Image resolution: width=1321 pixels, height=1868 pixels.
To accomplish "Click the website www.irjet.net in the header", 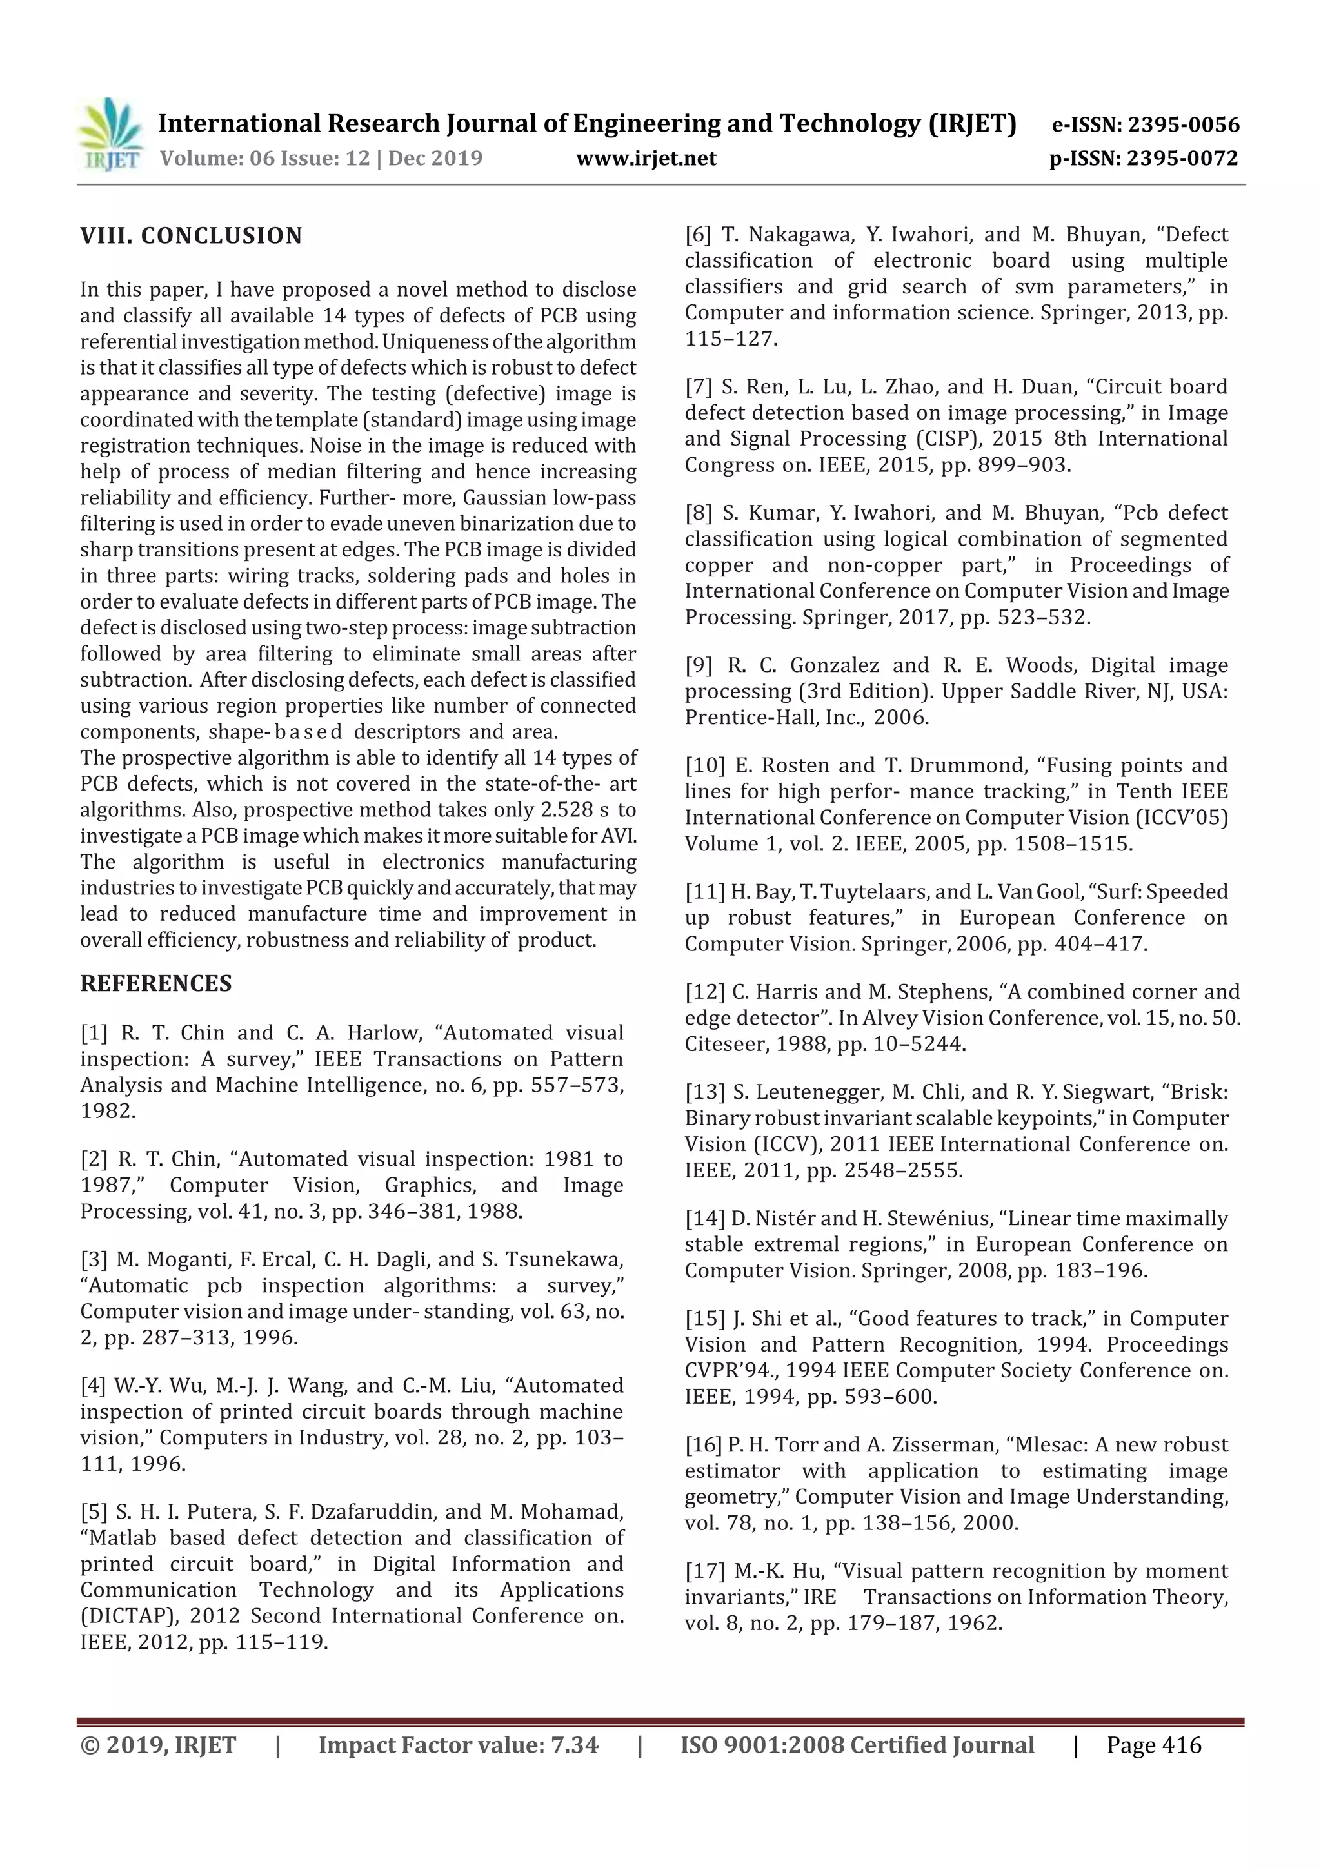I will [646, 158].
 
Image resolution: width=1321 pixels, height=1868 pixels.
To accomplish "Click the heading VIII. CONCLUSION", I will [192, 236].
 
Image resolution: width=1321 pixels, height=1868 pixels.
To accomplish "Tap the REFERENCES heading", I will [155, 983].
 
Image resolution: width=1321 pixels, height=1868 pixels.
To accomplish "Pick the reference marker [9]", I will [699, 665].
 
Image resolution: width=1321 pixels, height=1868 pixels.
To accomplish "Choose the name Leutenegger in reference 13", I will [815, 1092].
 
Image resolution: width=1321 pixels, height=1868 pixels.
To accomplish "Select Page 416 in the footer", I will [1153, 1745].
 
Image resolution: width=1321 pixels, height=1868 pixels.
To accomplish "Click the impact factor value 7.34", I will [574, 1745].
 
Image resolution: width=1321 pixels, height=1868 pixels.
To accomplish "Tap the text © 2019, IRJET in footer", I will [158, 1745].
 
